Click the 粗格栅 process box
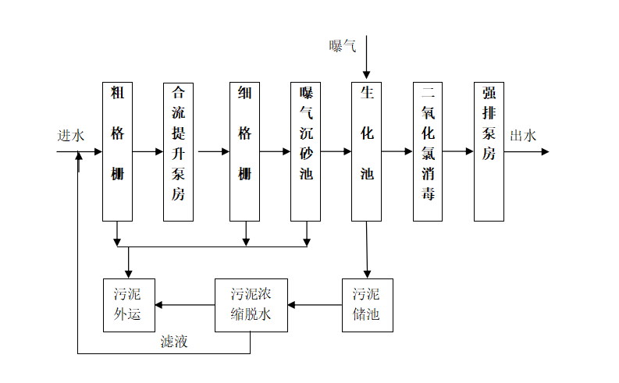[117, 151]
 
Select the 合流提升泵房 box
[178, 152]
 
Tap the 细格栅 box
[245, 151]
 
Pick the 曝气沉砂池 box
[305, 151]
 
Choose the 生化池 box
[366, 151]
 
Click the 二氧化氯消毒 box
[428, 151]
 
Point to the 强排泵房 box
[489, 151]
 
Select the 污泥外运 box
[129, 305]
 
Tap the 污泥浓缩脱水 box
[251, 305]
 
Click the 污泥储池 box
[368, 305]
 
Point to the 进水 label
[71, 136]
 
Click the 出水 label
[523, 136]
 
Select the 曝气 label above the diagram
[343, 46]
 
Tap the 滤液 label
[174, 342]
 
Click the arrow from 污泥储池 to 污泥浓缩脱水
[315, 305]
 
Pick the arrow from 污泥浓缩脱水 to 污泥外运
[185, 305]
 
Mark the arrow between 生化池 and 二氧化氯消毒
[397, 151]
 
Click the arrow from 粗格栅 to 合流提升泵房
[148, 151]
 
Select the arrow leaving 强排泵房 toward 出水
[527, 151]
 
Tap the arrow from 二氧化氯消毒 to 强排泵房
[458, 151]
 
